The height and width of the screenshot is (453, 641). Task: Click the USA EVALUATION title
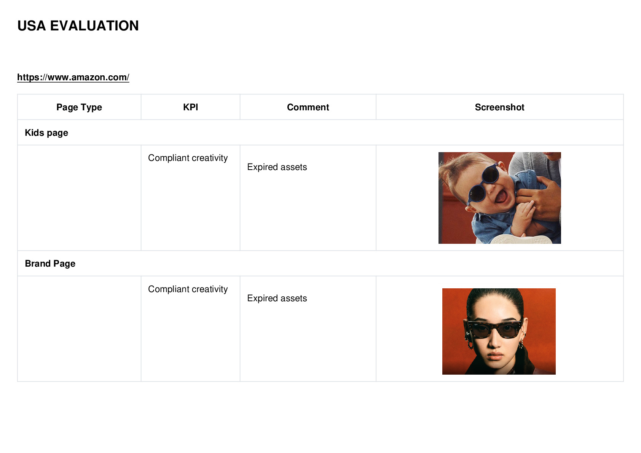78,26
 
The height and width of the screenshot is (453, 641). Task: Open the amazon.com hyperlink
73,77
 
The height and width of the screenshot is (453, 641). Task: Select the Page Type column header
79,107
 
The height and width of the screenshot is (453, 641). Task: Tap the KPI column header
190,107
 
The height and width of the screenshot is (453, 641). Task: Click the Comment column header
308,107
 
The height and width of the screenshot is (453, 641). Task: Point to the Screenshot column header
499,107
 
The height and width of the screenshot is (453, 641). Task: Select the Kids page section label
46,133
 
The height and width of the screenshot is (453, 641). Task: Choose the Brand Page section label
50,263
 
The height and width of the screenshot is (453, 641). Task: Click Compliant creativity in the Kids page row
188,158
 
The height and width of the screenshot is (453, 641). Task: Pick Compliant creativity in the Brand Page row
188,289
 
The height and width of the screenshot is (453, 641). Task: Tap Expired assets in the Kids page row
277,167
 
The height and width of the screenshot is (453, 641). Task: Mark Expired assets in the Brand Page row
277,298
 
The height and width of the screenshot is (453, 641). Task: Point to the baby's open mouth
501,196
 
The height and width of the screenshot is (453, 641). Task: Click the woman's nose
494,342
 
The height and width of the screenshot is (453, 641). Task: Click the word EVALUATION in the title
94,26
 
